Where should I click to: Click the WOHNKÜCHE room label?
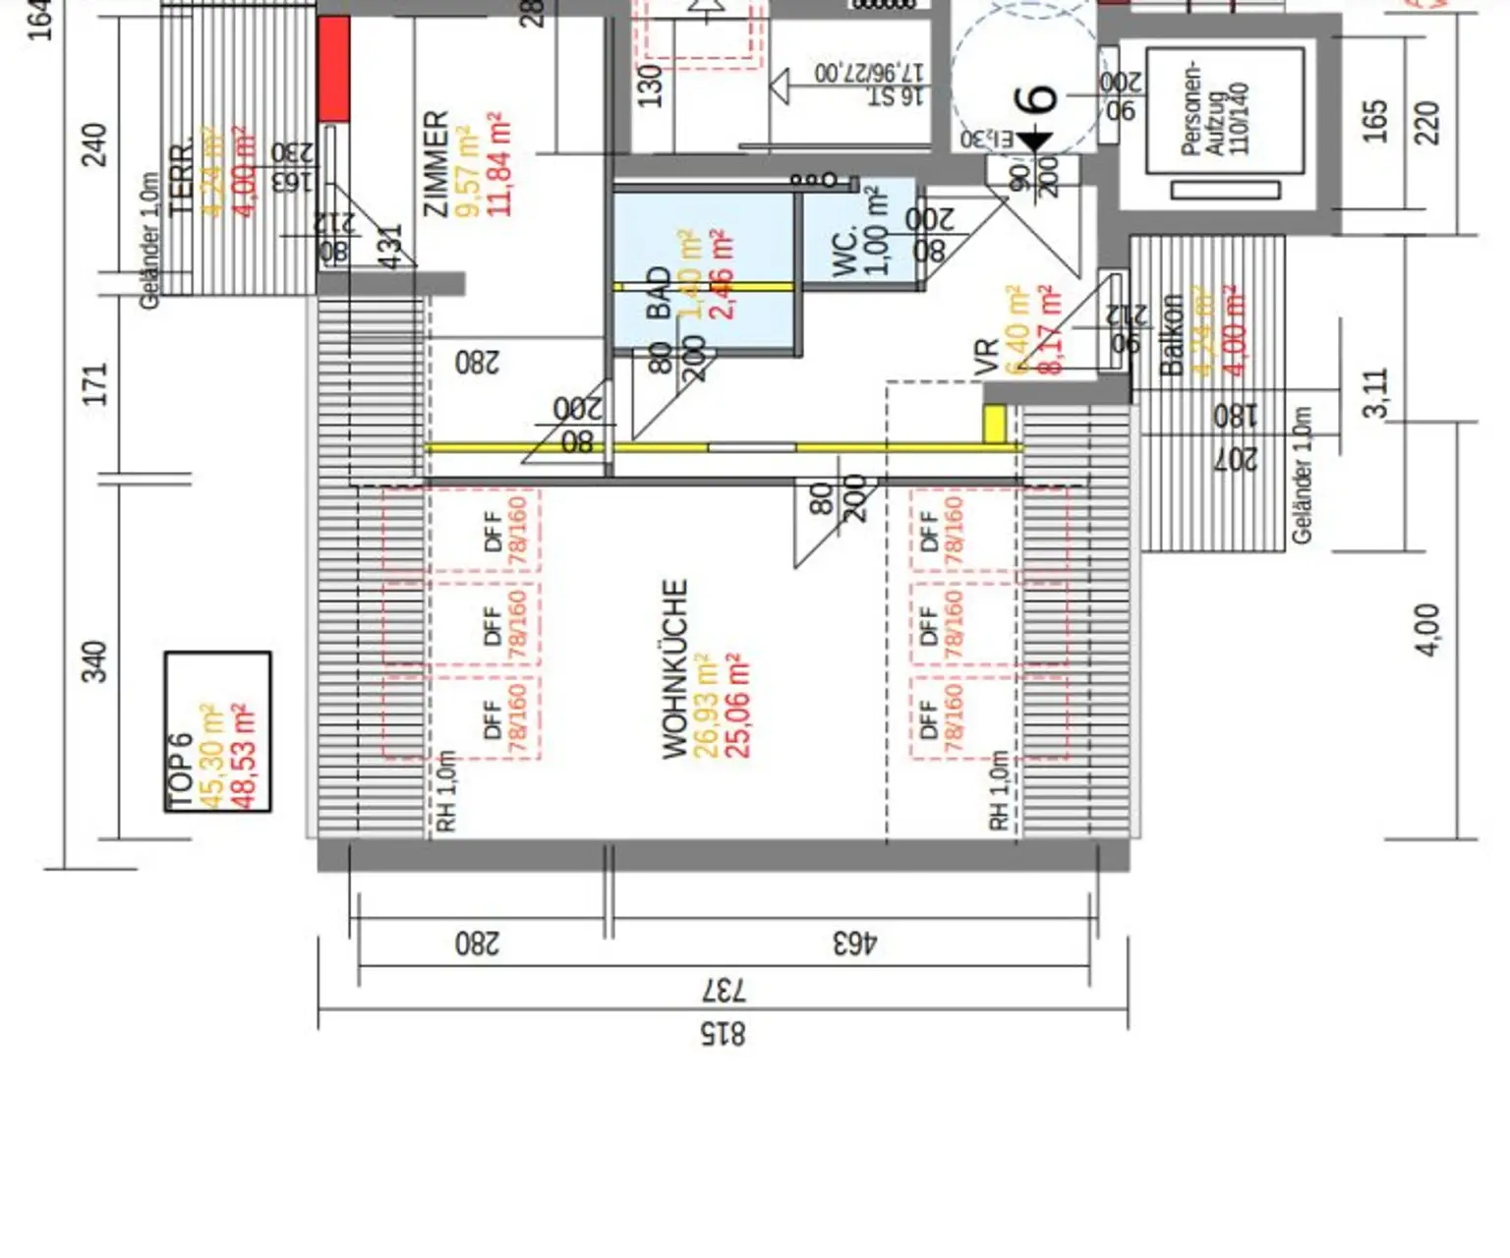click(674, 669)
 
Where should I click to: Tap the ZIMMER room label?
click(436, 163)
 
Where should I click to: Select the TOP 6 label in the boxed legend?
click(181, 772)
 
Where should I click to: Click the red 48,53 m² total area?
click(243, 755)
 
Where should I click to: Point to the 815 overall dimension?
click(723, 1034)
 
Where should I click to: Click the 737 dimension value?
click(724, 990)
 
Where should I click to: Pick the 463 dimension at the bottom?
click(855, 943)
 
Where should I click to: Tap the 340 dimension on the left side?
click(93, 661)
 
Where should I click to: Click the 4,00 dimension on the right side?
click(1427, 629)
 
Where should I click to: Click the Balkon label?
click(1171, 334)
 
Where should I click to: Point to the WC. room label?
click(844, 250)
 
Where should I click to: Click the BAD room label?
click(659, 293)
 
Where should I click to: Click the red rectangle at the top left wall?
click(333, 69)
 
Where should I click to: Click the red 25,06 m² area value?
click(737, 706)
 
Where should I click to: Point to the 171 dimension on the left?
click(94, 383)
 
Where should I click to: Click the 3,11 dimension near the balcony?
click(1376, 392)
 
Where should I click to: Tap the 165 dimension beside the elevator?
click(1375, 120)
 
